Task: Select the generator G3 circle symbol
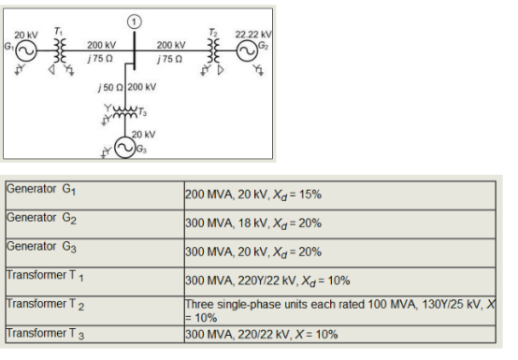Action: pyautogui.click(x=123, y=150)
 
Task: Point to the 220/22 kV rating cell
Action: pyautogui.click(x=261, y=334)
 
